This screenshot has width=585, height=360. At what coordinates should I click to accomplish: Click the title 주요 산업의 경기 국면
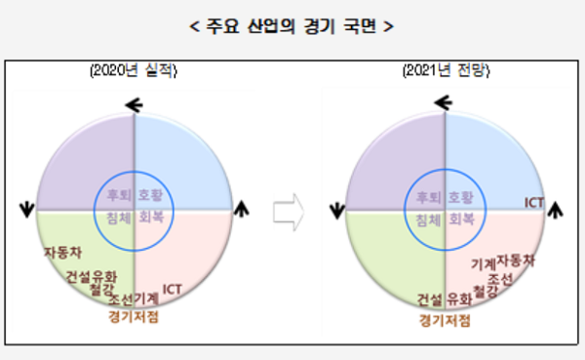[293, 24]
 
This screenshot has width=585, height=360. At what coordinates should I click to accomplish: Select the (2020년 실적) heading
[134, 71]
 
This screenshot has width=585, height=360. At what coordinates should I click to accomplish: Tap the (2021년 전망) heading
[446, 71]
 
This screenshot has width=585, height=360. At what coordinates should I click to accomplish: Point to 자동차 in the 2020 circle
[62, 253]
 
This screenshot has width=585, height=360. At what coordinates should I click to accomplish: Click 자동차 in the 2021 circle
[516, 260]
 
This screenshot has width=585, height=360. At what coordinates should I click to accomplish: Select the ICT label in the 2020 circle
[173, 288]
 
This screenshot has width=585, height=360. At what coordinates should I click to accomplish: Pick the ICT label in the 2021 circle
[534, 202]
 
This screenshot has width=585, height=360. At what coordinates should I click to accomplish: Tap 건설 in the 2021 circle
[430, 299]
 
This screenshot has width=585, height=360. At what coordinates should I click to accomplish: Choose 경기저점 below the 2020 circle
[134, 316]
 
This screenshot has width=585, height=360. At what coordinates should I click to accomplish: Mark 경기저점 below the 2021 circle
[445, 318]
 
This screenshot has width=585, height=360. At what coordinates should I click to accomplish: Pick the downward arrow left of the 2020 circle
[24, 208]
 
